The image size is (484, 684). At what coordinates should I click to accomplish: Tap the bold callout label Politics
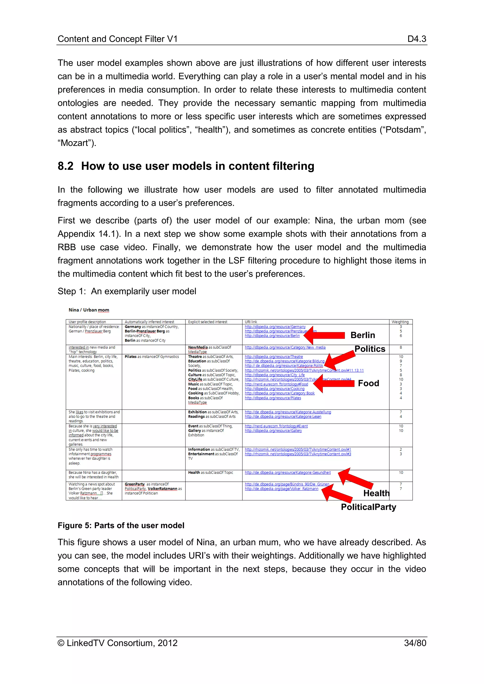pyautogui.click(x=370, y=349)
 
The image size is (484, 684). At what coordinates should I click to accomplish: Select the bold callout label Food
pyautogui.click(x=368, y=383)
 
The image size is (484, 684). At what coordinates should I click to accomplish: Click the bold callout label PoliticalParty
pyautogui.click(x=368, y=507)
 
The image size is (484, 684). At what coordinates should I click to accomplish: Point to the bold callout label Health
pyautogui.click(x=376, y=493)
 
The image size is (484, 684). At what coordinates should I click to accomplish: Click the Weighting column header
pyautogui.click(x=400, y=322)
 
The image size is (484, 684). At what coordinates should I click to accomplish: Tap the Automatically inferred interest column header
pyautogui.click(x=149, y=322)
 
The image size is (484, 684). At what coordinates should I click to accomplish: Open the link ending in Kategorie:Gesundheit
pyautogui.click(x=288, y=472)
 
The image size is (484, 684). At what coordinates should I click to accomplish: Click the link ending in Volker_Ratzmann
pyautogui.click(x=281, y=489)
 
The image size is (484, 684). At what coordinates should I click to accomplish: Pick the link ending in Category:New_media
pyautogui.click(x=285, y=347)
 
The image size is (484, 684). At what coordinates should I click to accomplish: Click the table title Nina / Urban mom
pyautogui.click(x=89, y=310)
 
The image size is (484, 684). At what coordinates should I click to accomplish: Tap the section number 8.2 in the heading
pyautogui.click(x=65, y=166)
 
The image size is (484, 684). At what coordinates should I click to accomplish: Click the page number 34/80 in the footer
pyautogui.click(x=415, y=643)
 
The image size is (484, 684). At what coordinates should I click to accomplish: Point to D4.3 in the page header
pyautogui.click(x=417, y=39)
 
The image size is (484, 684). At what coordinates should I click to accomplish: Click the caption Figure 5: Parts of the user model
pyautogui.click(x=121, y=525)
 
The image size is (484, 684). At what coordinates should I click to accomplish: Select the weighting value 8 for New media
pyautogui.click(x=401, y=347)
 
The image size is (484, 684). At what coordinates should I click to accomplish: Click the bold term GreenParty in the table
pyautogui.click(x=134, y=484)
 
